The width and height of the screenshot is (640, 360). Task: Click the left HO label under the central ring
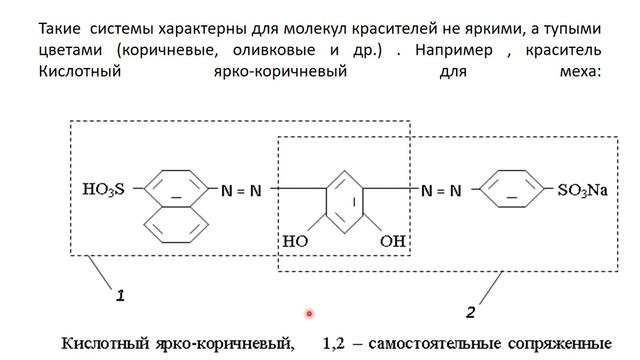coord(295,241)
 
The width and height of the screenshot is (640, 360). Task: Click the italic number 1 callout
coord(119,296)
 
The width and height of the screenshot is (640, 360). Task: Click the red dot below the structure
coord(310,313)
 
